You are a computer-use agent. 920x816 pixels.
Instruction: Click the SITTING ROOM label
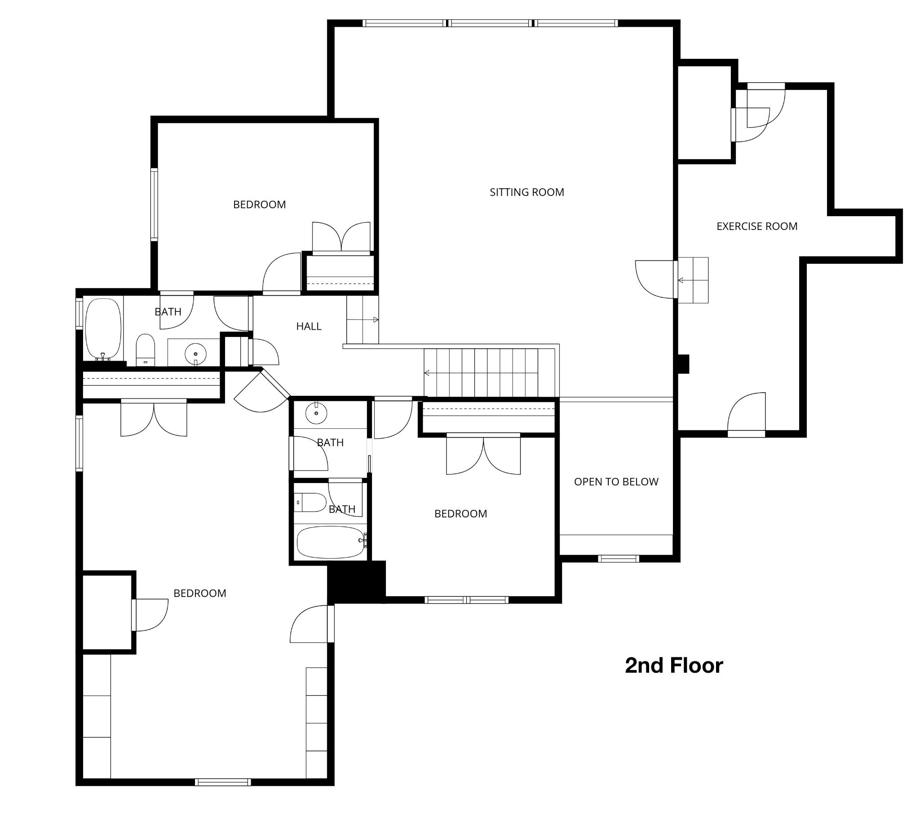click(x=526, y=192)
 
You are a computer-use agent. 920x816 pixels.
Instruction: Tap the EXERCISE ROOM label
click(x=756, y=226)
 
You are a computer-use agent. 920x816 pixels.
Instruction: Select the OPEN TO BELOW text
click(x=616, y=482)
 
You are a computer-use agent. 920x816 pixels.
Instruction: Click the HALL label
click(x=309, y=327)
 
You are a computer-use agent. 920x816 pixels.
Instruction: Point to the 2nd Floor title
click(x=674, y=665)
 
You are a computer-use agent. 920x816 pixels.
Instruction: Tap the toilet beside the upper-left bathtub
click(x=146, y=350)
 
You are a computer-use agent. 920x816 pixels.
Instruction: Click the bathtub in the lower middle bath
click(x=331, y=542)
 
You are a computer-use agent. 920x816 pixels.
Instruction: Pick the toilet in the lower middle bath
click(x=310, y=502)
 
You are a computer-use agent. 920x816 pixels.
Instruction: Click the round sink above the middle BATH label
click(x=316, y=413)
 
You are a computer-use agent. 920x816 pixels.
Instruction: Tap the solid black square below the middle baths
click(x=357, y=581)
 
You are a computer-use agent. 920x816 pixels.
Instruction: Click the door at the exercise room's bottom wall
click(x=746, y=414)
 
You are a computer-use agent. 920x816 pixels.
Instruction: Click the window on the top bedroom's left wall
click(x=155, y=204)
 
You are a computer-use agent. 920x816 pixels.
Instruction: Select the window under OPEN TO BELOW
click(x=619, y=559)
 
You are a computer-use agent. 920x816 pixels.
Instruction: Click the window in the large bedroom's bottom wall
click(x=223, y=782)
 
